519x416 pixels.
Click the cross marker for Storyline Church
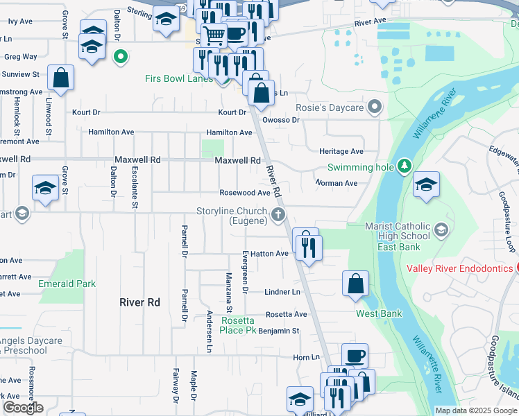pos(279,214)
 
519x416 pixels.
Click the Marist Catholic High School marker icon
pos(440,229)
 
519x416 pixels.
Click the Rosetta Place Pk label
pos(239,325)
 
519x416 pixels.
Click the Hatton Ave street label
pos(264,254)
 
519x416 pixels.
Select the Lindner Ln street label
pos(282,292)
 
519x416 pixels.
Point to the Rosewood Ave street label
pos(244,193)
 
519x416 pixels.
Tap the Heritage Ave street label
pos(341,151)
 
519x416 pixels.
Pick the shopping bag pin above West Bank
pos(355,284)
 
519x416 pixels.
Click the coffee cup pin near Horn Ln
pos(355,356)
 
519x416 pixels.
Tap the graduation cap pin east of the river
pos(426,185)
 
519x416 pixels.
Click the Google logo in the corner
pos(23,408)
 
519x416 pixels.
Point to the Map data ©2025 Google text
pos(476,410)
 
